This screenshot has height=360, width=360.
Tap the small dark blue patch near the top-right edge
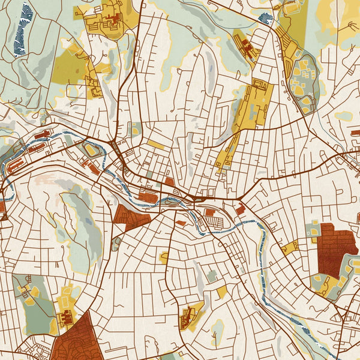coord(265,19)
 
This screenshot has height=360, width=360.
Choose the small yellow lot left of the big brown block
coord(290,247)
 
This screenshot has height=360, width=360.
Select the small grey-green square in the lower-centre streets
coord(212,275)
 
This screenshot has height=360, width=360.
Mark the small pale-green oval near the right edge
coord(343,116)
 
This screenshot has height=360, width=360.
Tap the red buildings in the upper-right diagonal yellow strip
coord(246,45)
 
